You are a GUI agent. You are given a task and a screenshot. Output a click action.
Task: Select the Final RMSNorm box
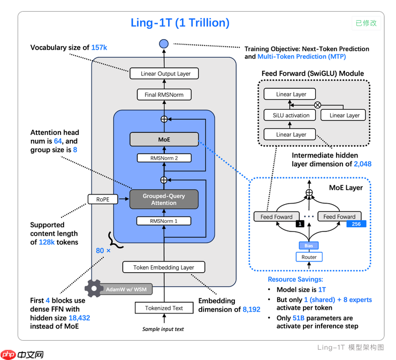pyautogui.click(x=164, y=95)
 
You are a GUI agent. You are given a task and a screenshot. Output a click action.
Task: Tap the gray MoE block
pyautogui.click(x=164, y=139)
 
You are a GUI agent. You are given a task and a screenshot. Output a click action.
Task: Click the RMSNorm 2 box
pyautogui.click(x=164, y=158)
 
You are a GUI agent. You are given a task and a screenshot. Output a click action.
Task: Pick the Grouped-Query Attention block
pyautogui.click(x=164, y=199)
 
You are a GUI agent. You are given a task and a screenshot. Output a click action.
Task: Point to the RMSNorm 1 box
pyautogui.click(x=164, y=221)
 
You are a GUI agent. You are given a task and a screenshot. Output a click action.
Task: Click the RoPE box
pyautogui.click(x=103, y=199)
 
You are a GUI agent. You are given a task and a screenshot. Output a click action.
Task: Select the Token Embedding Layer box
pyautogui.click(x=164, y=267)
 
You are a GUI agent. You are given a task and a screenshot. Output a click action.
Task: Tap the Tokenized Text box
pyautogui.click(x=164, y=308)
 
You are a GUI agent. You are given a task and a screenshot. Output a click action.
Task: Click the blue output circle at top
pyautogui.click(x=164, y=43)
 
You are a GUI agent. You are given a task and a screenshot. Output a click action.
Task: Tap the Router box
pyautogui.click(x=309, y=257)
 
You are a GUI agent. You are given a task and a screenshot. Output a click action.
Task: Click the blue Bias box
pyautogui.click(x=309, y=245)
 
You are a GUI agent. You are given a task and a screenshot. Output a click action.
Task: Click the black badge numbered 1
pyautogui.click(x=300, y=224)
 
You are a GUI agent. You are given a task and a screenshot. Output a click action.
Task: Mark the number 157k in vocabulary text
pyautogui.click(x=100, y=48)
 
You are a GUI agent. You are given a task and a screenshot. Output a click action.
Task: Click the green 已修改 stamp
pyautogui.click(x=366, y=23)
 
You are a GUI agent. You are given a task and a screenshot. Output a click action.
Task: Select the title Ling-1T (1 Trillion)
pyautogui.click(x=180, y=23)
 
